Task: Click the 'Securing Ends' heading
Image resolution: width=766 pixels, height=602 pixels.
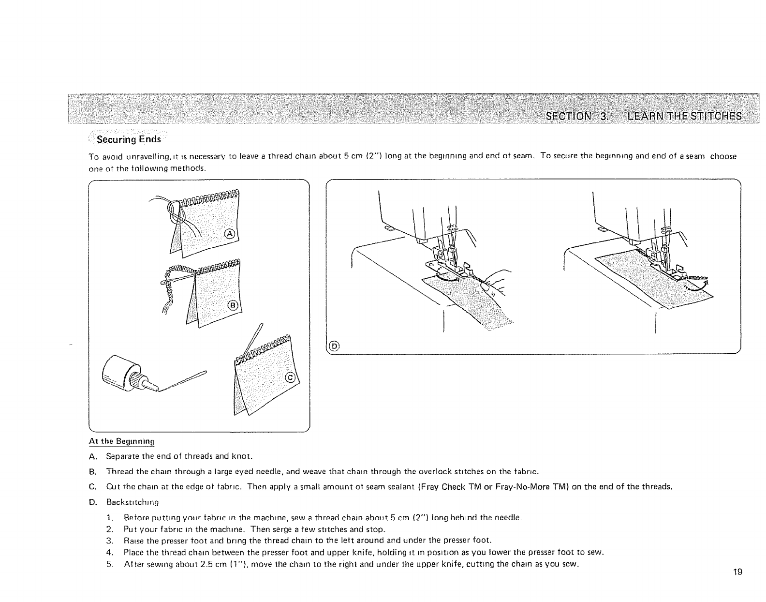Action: (129, 139)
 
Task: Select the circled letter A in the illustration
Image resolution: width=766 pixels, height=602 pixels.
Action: (230, 234)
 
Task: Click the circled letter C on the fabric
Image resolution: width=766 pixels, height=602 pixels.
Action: (290, 378)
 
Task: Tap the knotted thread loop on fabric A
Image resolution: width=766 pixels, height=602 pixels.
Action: (173, 210)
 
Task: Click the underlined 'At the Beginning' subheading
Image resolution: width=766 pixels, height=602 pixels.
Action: (121, 441)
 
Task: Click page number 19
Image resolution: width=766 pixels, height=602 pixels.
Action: (737, 572)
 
